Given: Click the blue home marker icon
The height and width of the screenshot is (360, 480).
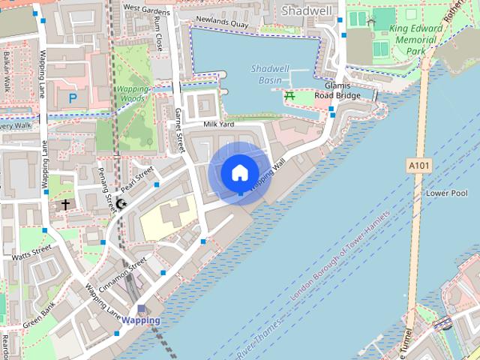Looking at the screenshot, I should click(x=239, y=172).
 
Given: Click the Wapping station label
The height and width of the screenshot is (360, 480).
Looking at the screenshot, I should click(x=141, y=320).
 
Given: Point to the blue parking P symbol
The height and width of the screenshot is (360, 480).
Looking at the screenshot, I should click(x=73, y=97).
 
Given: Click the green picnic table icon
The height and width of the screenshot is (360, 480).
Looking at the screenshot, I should click(x=289, y=95).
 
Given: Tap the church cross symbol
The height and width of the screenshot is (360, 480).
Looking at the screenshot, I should click(x=65, y=204).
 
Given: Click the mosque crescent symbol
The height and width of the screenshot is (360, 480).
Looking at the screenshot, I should click(x=122, y=204).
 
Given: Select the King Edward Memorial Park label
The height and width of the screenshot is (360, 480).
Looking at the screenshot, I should click(x=415, y=39).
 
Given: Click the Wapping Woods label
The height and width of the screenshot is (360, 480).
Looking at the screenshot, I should click(x=132, y=93).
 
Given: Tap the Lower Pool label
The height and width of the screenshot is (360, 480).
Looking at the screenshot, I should click(x=446, y=193).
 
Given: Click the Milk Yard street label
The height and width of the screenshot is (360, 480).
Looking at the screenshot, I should click(x=219, y=123).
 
